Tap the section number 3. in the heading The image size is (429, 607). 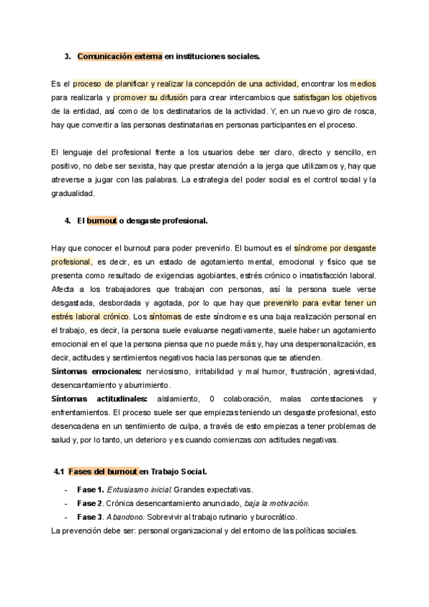coord(67,56)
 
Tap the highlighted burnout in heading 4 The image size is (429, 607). coord(102,220)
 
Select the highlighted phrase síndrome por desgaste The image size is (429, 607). coord(335,248)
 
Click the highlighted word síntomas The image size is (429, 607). coord(166,316)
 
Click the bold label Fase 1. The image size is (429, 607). coord(90,490)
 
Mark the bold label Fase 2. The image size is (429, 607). coord(90,503)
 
